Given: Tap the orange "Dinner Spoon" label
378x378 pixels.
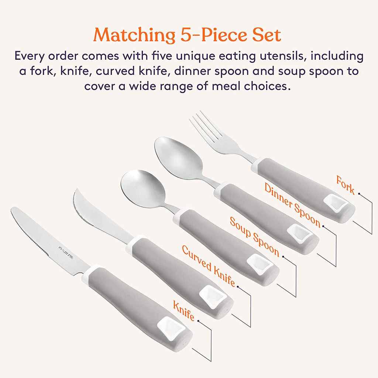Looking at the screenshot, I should click(x=292, y=205).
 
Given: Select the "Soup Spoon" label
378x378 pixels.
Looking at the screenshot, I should click(x=254, y=237).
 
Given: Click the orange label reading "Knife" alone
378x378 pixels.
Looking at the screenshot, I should click(x=184, y=310).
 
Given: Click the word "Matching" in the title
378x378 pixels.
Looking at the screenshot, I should click(x=134, y=35).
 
